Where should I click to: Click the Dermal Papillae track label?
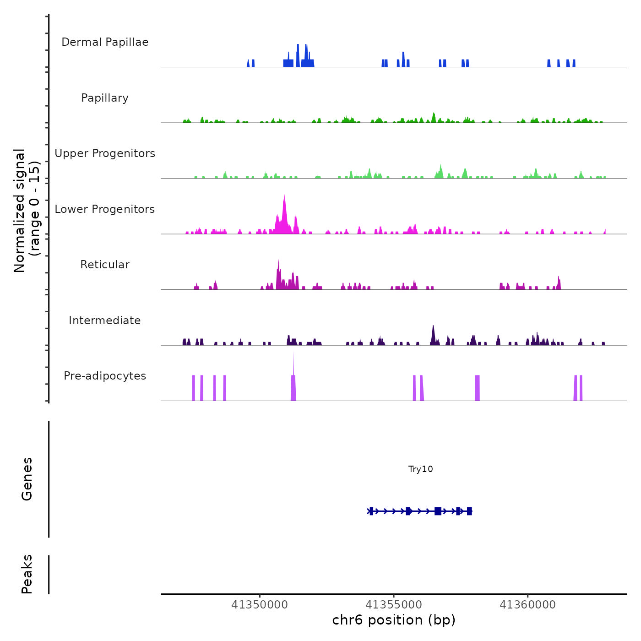pyautogui.click(x=105, y=42)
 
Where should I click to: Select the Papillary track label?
pyautogui.click(x=105, y=98)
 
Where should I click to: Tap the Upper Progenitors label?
pyautogui.click(x=105, y=153)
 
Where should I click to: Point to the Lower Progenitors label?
pyautogui.click(x=105, y=209)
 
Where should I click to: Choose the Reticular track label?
pyautogui.click(x=105, y=265)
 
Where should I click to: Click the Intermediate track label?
pyautogui.click(x=105, y=320)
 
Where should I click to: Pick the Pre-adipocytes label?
pyautogui.click(x=105, y=376)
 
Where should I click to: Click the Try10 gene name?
pyautogui.click(x=420, y=469)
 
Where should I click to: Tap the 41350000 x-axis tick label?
pyautogui.click(x=260, y=605)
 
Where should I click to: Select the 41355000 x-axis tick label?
pyautogui.click(x=394, y=605)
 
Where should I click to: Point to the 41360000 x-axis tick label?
pyautogui.click(x=527, y=605)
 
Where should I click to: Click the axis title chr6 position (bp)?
pyautogui.click(x=394, y=620)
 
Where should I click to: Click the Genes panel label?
pyautogui.click(x=27, y=479)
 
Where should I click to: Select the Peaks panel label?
pyautogui.click(x=27, y=574)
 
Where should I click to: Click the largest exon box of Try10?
pyautogui.click(x=438, y=511)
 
